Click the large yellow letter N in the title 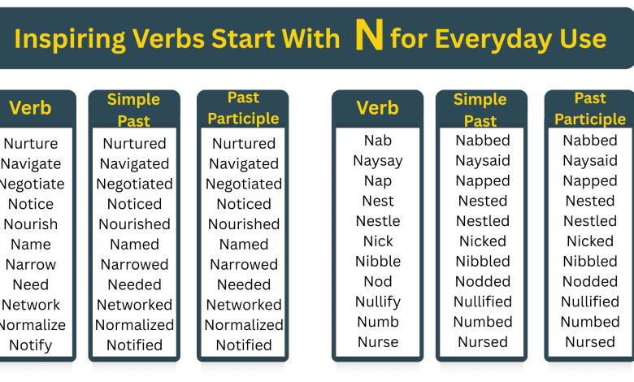click(x=369, y=37)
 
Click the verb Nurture click(x=31, y=144)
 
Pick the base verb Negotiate click(x=31, y=184)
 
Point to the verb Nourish click(x=31, y=224)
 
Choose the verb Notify click(x=31, y=345)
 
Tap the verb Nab click(x=378, y=141)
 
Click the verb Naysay click(x=378, y=161)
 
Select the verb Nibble click(x=378, y=262)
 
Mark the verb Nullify click(x=378, y=302)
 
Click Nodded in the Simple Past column click(x=483, y=282)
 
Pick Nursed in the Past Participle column click(x=590, y=342)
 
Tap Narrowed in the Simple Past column click(x=135, y=265)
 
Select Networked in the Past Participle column click(x=244, y=305)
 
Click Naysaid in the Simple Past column click(x=483, y=161)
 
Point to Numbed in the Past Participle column click(x=590, y=322)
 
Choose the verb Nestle click(x=378, y=221)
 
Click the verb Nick click(x=378, y=241)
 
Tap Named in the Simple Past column click(x=135, y=245)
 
